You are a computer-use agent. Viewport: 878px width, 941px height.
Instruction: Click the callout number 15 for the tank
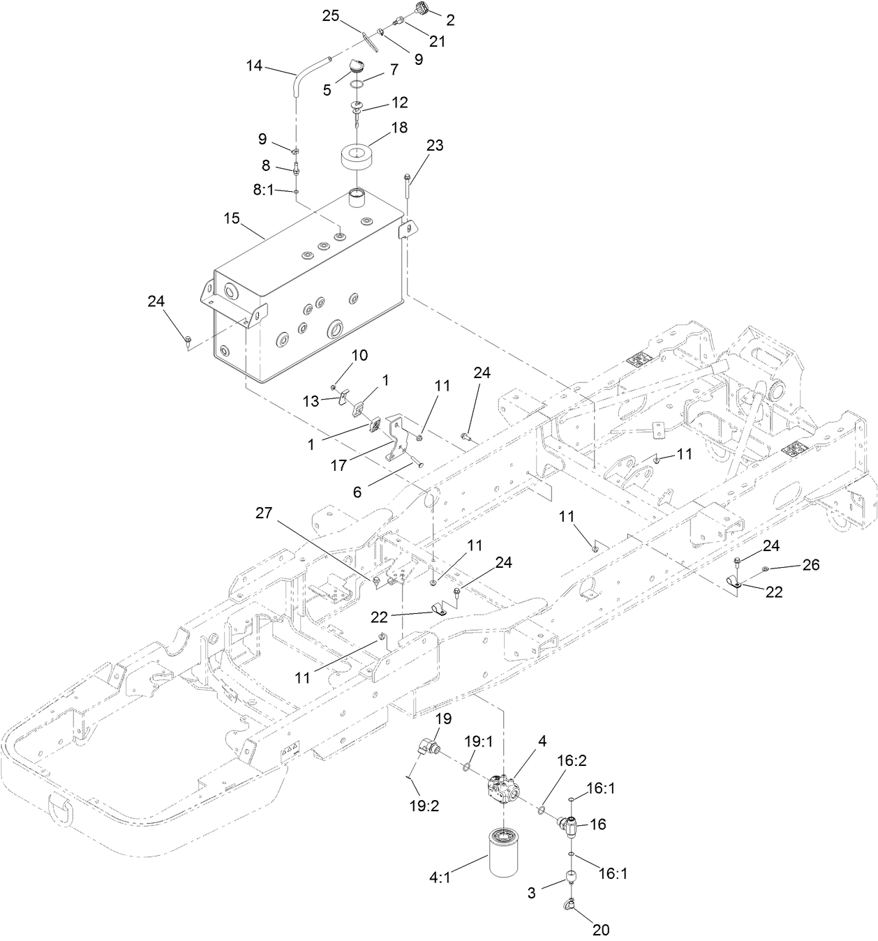tap(232, 218)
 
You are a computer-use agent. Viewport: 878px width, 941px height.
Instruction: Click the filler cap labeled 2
tap(422, 9)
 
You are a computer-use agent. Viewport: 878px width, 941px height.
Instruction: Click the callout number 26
tap(810, 564)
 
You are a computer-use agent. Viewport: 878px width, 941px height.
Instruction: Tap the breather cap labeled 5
tap(357, 66)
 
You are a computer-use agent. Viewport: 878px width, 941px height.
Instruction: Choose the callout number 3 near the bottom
tap(531, 892)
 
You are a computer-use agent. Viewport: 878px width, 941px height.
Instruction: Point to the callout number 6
tap(357, 492)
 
